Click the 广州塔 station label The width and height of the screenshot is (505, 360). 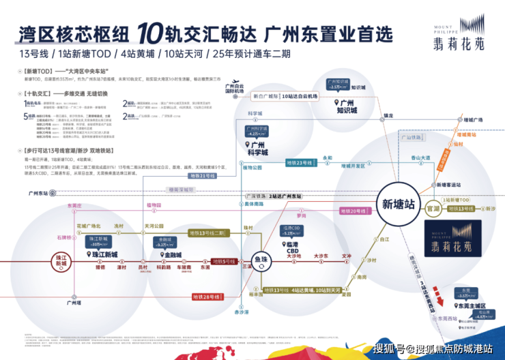(x=66, y=300)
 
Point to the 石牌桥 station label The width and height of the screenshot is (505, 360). (x=65, y=238)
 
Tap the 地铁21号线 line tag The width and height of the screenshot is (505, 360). (x=202, y=176)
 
